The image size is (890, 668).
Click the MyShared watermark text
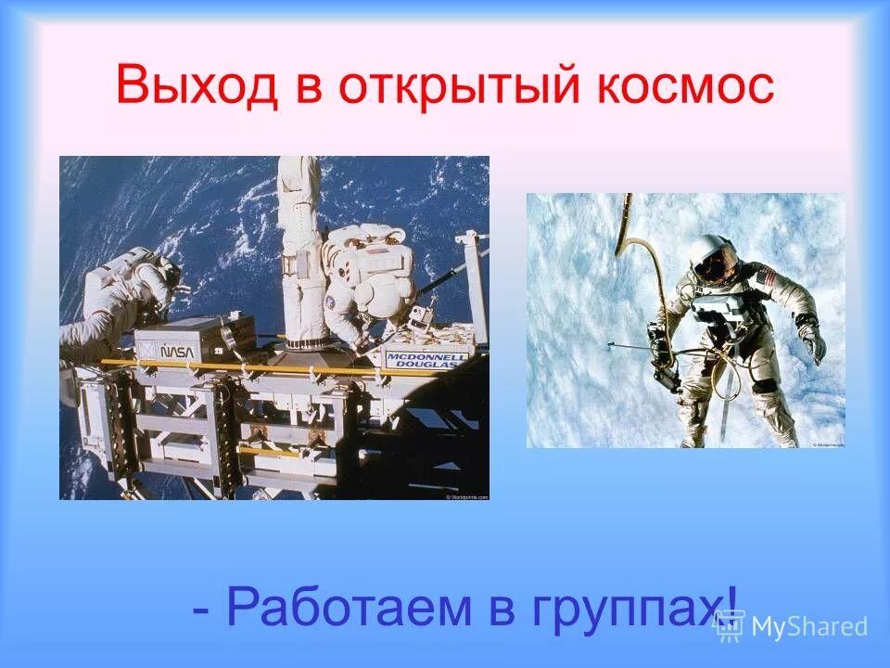point(810,627)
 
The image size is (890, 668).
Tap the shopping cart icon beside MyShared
point(729,626)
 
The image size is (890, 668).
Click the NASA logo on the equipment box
point(176,351)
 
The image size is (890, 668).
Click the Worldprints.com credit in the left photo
point(465,496)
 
